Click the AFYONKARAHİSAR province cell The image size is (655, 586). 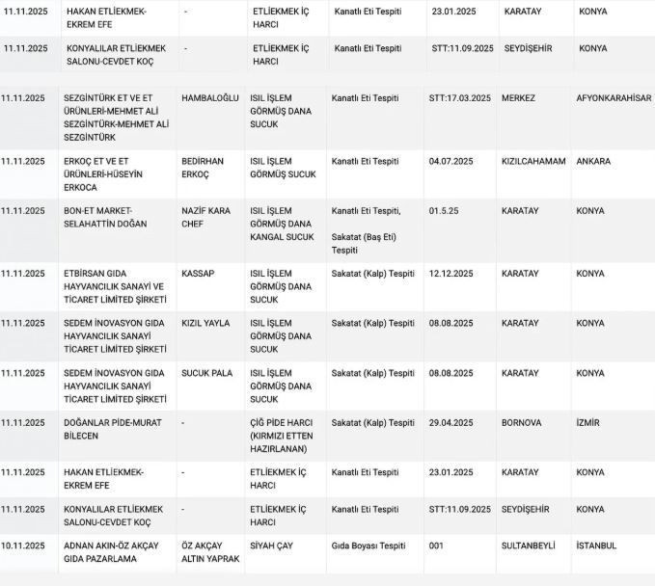(x=614, y=98)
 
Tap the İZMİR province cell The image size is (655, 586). (x=590, y=423)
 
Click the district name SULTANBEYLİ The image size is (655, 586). (x=529, y=546)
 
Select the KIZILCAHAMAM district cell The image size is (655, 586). (x=533, y=162)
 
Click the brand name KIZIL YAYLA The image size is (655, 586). (x=205, y=323)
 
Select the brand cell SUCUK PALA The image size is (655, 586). (x=206, y=373)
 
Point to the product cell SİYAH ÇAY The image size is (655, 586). (x=271, y=546)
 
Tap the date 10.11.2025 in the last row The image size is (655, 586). (x=23, y=546)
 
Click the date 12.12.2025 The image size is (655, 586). (x=453, y=274)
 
